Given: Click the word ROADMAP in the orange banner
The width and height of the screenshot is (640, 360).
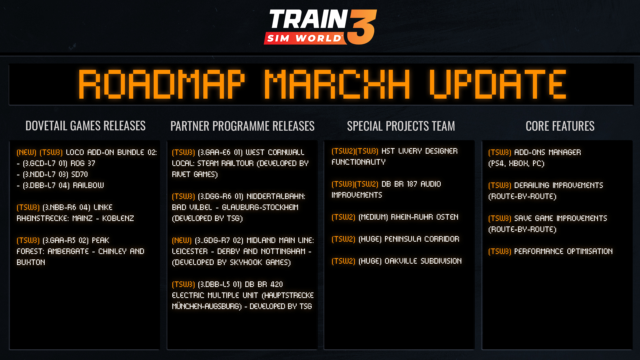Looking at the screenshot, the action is [161, 84].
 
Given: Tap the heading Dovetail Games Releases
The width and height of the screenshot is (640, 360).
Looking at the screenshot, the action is [85, 126].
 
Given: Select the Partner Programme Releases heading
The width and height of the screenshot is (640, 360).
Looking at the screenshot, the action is [242, 126].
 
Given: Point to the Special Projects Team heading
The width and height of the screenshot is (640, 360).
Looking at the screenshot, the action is [401, 126].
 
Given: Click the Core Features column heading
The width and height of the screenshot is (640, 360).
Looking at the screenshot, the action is [560, 126].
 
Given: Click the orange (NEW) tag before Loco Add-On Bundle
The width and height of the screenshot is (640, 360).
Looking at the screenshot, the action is [26, 152].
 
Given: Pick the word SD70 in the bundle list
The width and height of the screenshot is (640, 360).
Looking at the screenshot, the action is [80, 174].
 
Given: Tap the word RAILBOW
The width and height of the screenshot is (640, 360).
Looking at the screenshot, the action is [88, 185].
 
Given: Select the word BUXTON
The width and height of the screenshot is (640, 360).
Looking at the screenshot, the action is [31, 262].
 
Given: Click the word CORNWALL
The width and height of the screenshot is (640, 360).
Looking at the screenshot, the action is [286, 152].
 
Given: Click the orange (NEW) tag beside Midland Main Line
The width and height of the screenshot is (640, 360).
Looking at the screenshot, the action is [182, 240].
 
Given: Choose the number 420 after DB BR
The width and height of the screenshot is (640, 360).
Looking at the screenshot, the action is [276, 284].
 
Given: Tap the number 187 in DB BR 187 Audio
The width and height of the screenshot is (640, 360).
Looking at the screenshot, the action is [412, 184].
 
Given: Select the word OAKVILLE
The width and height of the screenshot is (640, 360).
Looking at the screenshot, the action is [401, 261].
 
